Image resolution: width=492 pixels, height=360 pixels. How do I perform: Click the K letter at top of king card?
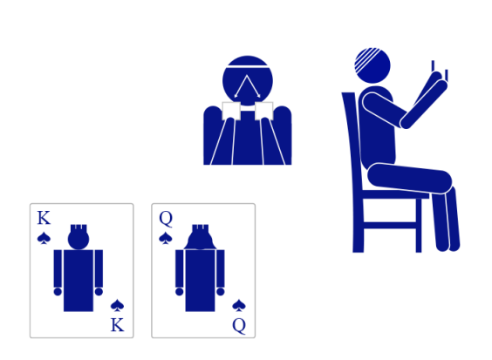click(44, 218)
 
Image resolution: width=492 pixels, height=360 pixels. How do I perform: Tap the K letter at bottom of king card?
click(118, 325)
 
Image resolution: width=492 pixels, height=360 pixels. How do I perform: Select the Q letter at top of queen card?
click(166, 218)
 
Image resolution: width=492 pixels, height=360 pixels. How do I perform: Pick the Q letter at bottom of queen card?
click(239, 325)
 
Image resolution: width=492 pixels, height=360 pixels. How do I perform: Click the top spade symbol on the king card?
click(44, 238)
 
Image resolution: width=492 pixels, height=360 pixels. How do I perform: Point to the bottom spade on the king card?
click(118, 305)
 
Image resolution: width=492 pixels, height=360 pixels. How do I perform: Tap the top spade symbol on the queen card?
click(166, 238)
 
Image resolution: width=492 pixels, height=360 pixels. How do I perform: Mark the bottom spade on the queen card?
click(239, 305)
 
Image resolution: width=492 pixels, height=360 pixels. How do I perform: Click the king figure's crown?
click(79, 228)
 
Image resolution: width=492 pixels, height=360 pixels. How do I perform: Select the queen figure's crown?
click(200, 228)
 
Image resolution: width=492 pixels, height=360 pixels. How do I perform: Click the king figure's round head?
click(79, 240)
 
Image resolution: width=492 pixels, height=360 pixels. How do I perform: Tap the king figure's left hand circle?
click(58, 292)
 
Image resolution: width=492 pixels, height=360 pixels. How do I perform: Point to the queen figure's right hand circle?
click(221, 292)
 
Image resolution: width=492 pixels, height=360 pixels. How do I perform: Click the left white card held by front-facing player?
click(231, 111)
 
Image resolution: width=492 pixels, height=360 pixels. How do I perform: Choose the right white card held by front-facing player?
click(264, 111)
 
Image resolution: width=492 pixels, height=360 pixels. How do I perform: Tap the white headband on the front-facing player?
click(248, 66)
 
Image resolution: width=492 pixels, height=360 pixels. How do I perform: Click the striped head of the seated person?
click(372, 65)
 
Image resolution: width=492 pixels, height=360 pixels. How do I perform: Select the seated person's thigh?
click(409, 178)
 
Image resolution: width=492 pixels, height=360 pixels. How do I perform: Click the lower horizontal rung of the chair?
click(390, 225)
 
